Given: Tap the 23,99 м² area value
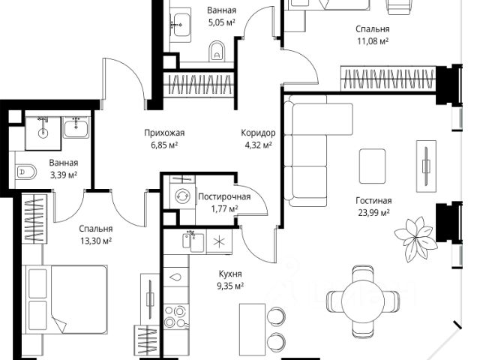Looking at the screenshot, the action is [x=373, y=213].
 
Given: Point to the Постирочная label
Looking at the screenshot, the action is [x=223, y=197].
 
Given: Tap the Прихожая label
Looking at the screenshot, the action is [x=164, y=133].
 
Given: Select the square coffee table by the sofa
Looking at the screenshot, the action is [x=373, y=163].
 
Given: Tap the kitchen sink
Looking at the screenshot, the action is [x=194, y=241].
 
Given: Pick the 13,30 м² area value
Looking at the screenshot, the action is [x=95, y=241].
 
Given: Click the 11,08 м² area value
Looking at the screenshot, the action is [x=373, y=42].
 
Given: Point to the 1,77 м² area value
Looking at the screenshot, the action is [x=223, y=209].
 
